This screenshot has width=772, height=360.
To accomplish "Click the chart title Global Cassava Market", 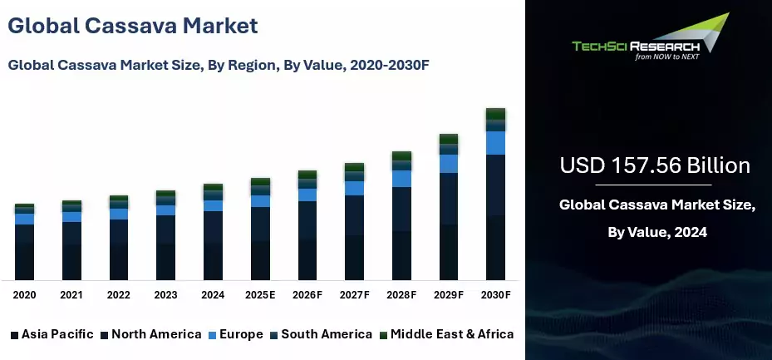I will pyautogui.click(x=133, y=25).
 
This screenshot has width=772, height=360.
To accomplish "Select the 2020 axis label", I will pyautogui.click(x=24, y=295).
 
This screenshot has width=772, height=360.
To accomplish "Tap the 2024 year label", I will pyautogui.click(x=213, y=295).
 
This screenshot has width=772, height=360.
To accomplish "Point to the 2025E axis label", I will pyautogui.click(x=260, y=295).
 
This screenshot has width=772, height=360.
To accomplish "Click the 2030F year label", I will pyautogui.click(x=495, y=295).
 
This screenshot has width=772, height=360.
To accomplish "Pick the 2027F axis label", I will pyautogui.click(x=355, y=295).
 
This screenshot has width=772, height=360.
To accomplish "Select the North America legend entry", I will pyautogui.click(x=150, y=334).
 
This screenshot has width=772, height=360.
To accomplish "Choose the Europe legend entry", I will pyautogui.click(x=236, y=334).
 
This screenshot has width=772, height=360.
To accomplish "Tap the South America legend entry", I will pyautogui.click(x=320, y=334).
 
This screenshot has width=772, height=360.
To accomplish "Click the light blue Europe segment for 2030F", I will pyautogui.click(x=496, y=143).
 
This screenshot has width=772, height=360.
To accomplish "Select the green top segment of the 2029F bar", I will pyautogui.click(x=449, y=139).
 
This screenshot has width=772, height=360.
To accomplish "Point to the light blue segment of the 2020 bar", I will pyautogui.click(x=25, y=219).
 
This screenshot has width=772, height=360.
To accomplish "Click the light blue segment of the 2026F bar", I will pyautogui.click(x=307, y=195).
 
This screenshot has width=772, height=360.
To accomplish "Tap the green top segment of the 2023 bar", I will pyautogui.click(x=166, y=193).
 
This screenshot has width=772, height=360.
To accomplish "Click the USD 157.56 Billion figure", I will pyautogui.click(x=655, y=165).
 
